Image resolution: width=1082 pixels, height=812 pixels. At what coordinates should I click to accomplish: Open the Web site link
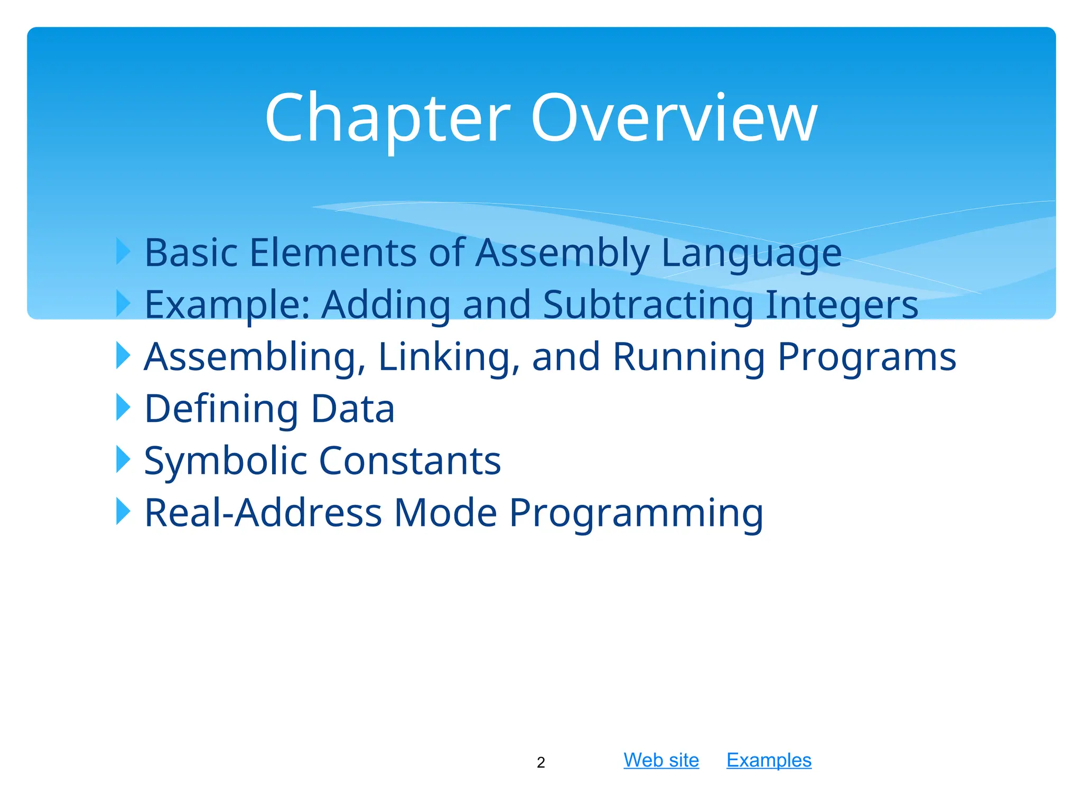[x=661, y=760]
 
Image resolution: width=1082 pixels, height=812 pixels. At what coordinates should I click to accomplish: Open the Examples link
[x=769, y=760]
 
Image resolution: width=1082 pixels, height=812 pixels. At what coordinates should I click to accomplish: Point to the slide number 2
[x=540, y=762]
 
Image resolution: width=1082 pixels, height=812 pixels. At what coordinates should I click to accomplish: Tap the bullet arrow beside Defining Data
[x=123, y=408]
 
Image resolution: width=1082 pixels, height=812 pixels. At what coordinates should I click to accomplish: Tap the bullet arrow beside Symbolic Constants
[x=123, y=460]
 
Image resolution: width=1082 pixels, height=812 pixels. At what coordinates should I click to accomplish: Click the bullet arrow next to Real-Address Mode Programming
[x=123, y=512]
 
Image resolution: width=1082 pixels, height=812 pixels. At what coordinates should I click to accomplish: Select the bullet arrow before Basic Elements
[x=123, y=252]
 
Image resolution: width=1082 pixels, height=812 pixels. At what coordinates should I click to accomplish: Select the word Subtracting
[x=648, y=306]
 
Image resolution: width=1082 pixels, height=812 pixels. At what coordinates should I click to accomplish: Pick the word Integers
[x=842, y=306]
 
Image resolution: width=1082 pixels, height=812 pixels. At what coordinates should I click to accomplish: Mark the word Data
[x=352, y=409]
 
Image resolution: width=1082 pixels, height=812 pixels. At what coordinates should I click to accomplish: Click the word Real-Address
[x=263, y=513]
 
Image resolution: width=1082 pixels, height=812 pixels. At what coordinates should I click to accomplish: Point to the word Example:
[x=227, y=306]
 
